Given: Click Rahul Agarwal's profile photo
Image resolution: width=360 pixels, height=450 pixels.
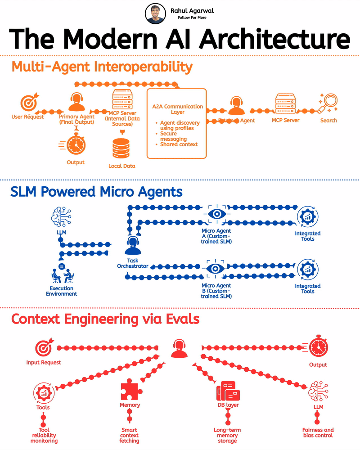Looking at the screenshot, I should (155, 14).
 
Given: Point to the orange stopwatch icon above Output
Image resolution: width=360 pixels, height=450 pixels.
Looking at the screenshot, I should (75, 144).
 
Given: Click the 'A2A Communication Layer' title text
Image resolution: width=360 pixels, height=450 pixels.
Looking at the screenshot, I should (177, 109).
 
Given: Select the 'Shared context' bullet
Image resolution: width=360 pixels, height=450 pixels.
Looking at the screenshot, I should (179, 144).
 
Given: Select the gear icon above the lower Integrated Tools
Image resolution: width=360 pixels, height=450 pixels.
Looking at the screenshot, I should (308, 269).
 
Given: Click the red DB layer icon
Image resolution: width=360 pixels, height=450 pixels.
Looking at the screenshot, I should (228, 391).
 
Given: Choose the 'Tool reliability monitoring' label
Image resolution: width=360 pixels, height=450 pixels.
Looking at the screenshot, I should (45, 435).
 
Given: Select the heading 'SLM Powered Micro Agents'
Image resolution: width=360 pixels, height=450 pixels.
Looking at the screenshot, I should (97, 192).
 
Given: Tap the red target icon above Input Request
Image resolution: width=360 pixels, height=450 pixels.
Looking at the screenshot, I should (44, 348).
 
